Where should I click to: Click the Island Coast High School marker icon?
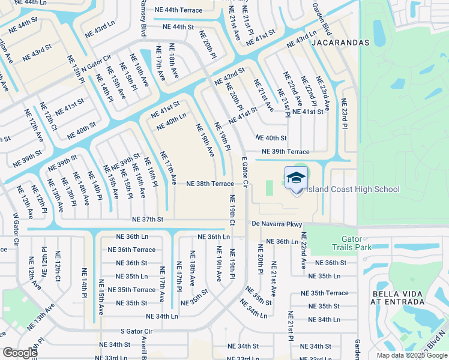(296, 179)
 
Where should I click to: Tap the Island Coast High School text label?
(353, 190)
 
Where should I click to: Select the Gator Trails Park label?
(352, 242)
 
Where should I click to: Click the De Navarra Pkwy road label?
(277, 224)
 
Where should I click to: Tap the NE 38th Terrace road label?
(209, 184)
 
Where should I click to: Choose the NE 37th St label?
(148, 220)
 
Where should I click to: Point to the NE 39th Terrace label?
(285, 152)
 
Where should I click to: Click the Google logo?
(20, 352)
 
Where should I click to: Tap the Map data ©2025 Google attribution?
(411, 355)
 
